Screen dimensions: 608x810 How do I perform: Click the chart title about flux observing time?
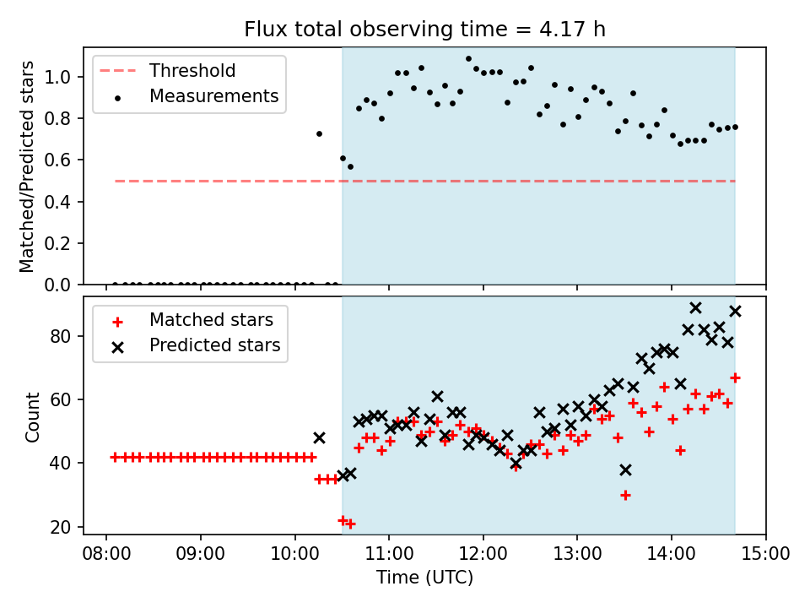tap(424, 30)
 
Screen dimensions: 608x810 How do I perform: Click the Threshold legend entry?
tap(192, 71)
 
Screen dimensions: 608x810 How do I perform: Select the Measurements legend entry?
tap(213, 96)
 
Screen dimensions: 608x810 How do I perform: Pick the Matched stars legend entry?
tap(211, 320)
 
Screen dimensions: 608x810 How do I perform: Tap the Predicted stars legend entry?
tap(214, 345)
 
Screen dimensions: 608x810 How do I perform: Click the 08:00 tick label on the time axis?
tap(105, 554)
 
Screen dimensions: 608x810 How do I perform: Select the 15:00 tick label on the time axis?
tap(766, 554)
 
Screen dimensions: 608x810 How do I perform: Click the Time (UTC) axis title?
tap(424, 578)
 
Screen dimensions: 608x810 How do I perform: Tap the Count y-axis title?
tap(33, 417)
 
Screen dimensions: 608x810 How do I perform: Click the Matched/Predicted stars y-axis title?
tap(27, 166)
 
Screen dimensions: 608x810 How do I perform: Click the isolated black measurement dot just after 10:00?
tap(319, 133)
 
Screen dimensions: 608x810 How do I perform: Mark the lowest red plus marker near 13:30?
tap(625, 495)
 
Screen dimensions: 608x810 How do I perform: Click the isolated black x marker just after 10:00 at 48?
tap(319, 437)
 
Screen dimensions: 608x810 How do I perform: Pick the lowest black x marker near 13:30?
tap(625, 470)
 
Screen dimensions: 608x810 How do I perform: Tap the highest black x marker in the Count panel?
tap(695, 308)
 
